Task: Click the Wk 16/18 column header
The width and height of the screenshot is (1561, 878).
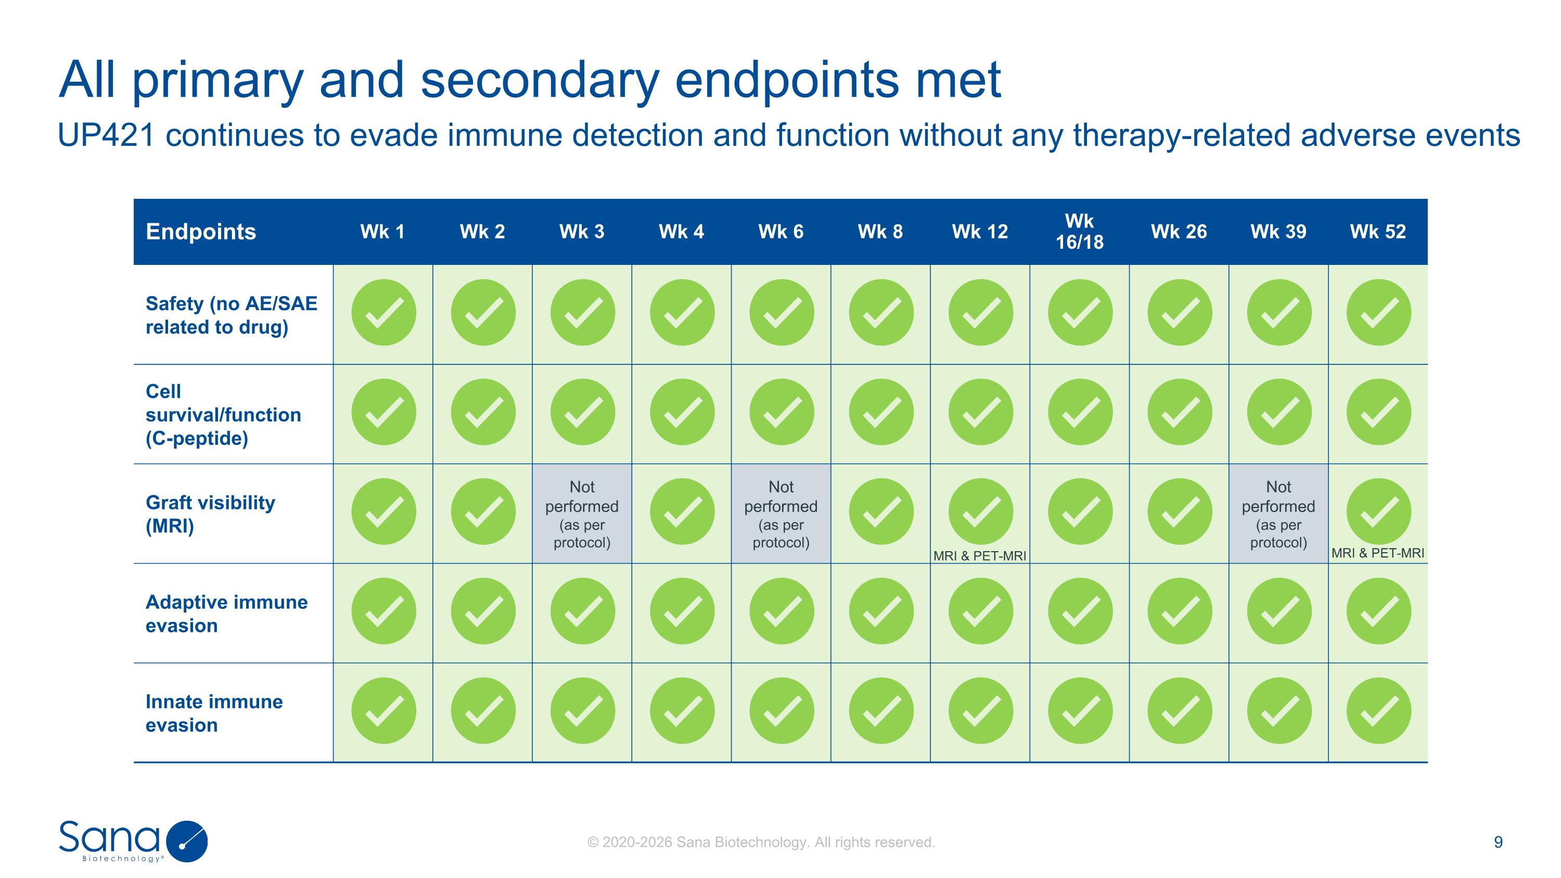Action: pos(1079,232)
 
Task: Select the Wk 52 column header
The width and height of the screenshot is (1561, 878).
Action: pos(1377,232)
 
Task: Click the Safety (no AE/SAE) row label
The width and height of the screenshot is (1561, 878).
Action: pos(231,315)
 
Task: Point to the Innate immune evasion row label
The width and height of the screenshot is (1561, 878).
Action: pos(214,712)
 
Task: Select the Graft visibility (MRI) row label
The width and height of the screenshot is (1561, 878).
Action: pos(210,514)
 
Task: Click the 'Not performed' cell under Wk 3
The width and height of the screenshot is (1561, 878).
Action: pos(582,514)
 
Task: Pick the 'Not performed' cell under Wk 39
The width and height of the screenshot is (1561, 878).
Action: pos(1278,514)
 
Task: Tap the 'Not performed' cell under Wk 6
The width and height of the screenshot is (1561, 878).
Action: pos(780,514)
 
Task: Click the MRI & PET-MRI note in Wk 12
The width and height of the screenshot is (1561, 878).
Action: pos(979,556)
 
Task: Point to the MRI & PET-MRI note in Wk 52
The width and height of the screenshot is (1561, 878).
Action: pos(1377,553)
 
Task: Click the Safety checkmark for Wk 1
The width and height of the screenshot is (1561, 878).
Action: pos(383,313)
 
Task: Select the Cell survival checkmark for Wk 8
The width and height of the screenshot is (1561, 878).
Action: pos(880,412)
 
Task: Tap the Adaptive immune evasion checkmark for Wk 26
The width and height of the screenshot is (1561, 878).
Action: pos(1179,611)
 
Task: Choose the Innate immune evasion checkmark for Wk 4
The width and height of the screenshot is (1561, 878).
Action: pos(682,711)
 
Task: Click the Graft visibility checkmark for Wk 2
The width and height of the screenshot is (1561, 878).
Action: pos(483,512)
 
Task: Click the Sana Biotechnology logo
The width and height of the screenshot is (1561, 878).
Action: pos(133,841)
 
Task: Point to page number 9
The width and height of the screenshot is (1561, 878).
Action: pos(1498,842)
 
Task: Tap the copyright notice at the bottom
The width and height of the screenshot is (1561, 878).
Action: pos(761,842)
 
